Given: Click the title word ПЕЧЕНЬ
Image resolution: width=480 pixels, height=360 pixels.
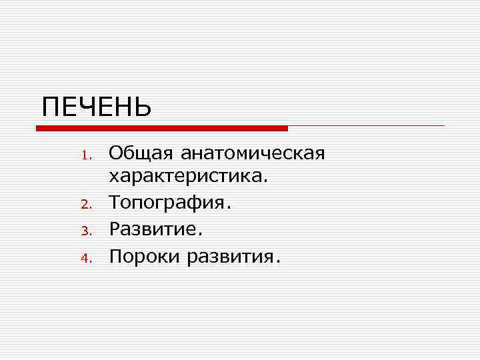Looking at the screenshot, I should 97,106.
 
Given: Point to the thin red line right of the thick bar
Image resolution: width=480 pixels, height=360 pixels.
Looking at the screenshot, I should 366,125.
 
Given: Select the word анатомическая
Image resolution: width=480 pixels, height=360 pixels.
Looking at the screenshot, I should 253,154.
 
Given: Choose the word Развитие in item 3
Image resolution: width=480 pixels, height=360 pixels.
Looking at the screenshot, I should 153,229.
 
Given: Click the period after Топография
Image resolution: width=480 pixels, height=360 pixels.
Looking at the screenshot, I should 229,209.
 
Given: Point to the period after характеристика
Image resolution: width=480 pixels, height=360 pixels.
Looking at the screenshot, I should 266,183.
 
